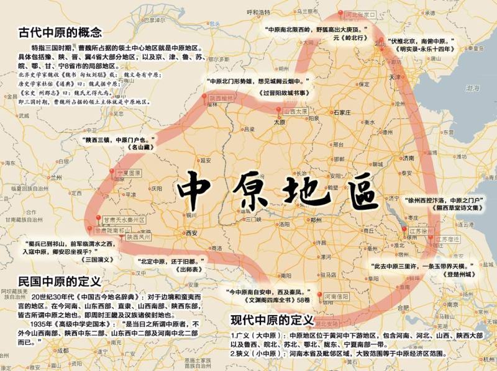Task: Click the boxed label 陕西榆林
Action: click(x=221, y=98)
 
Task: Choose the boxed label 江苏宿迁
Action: click(x=449, y=239)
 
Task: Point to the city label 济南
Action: click(x=408, y=158)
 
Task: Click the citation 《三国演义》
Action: click(x=83, y=260)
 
